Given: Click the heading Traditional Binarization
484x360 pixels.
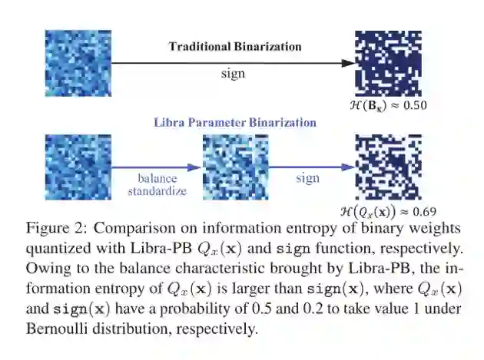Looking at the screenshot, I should [x=234, y=46].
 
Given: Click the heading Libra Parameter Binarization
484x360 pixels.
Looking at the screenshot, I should [x=235, y=122].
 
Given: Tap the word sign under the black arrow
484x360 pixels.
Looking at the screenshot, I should [x=233, y=75].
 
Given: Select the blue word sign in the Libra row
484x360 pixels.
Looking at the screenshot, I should [x=307, y=178].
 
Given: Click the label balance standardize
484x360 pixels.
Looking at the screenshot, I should [x=157, y=185].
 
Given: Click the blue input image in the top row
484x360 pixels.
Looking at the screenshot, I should [x=78, y=63].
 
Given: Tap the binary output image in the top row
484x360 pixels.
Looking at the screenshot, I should [x=388, y=63].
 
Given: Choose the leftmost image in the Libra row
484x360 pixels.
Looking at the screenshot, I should [x=78, y=167].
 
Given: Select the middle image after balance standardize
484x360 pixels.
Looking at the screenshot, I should [x=236, y=167].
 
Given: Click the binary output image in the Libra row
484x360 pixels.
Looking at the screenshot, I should [x=388, y=167].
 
